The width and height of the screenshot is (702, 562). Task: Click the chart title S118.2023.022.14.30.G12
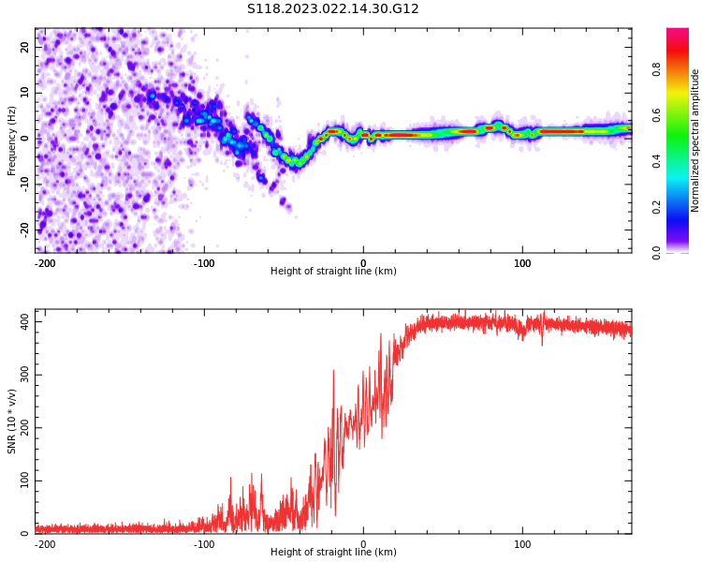coord(332,9)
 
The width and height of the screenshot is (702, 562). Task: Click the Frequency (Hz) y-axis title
coord(12,140)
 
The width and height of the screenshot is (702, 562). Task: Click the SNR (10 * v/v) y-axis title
coord(12,421)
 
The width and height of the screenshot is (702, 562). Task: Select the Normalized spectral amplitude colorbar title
coord(695,140)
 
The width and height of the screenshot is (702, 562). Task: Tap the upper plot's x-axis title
coord(333,272)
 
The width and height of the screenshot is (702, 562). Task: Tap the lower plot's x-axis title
coord(333,553)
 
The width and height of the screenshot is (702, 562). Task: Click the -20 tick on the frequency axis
coord(24,229)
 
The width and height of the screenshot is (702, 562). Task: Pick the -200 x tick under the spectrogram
coord(45,263)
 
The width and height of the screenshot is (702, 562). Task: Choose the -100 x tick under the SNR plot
coord(204,544)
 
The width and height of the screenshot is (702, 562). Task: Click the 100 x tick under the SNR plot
coord(522,544)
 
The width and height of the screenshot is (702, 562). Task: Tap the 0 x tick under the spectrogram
coord(363,263)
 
